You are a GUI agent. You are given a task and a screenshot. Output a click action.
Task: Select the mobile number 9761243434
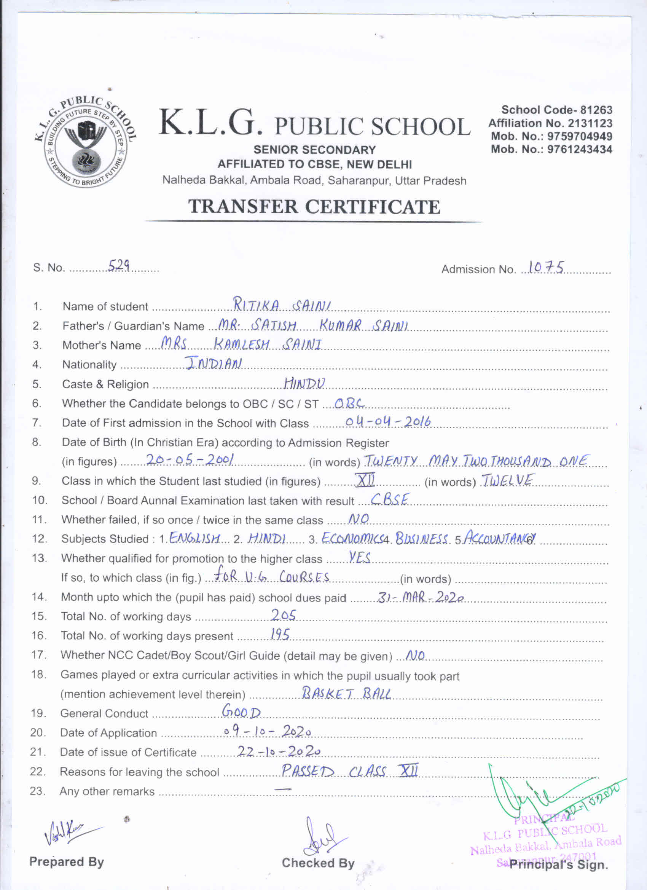click(x=580, y=150)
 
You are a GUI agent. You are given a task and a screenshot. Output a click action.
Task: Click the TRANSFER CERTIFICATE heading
click(x=314, y=207)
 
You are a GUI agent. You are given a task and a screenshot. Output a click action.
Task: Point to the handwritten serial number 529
click(x=119, y=266)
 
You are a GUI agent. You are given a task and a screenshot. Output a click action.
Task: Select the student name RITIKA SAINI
click(x=282, y=305)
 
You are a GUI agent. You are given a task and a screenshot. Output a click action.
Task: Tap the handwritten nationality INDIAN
click(x=214, y=363)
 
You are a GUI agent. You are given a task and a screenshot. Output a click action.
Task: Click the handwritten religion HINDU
click(x=304, y=383)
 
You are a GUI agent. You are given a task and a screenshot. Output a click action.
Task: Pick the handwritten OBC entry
click(x=349, y=403)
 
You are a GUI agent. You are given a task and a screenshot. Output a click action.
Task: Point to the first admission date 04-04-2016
click(x=388, y=422)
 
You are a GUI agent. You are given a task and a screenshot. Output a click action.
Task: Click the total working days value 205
click(x=283, y=615)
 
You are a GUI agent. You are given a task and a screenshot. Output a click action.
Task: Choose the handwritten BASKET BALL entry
click(x=346, y=694)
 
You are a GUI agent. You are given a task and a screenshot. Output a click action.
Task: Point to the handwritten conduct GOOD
click(x=241, y=711)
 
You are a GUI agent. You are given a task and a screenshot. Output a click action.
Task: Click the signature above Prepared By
click(x=71, y=832)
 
